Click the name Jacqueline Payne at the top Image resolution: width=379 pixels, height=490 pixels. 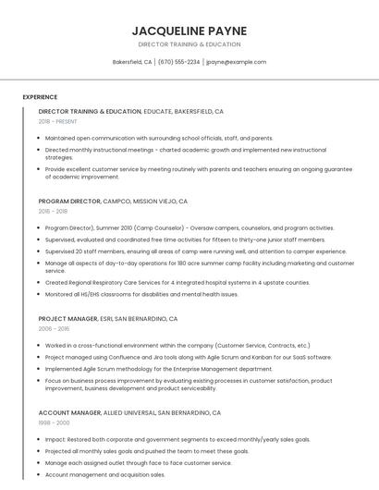click(x=189, y=31)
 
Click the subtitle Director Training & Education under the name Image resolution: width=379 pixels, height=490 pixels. click(x=189, y=44)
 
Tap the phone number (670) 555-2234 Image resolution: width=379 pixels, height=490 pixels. click(x=178, y=62)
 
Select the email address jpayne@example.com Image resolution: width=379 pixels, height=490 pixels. click(x=236, y=62)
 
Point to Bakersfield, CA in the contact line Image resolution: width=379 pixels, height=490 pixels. click(x=132, y=62)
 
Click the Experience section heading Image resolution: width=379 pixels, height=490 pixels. click(x=40, y=97)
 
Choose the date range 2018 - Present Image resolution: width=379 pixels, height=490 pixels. click(x=58, y=121)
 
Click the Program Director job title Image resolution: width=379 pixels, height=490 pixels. click(x=68, y=201)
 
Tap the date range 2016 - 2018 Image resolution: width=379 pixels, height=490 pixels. click(x=53, y=211)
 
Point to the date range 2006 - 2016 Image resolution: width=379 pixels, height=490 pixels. click(x=54, y=328)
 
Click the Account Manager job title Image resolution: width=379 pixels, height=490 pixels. click(x=69, y=412)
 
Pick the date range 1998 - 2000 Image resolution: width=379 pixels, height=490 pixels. click(x=54, y=423)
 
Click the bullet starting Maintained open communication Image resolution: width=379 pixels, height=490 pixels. click(x=159, y=138)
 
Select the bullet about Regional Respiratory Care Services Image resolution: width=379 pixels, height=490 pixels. click(x=177, y=282)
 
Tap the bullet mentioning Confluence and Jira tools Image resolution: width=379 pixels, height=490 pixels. click(x=188, y=357)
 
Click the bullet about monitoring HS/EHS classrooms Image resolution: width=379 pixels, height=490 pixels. click(x=141, y=294)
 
